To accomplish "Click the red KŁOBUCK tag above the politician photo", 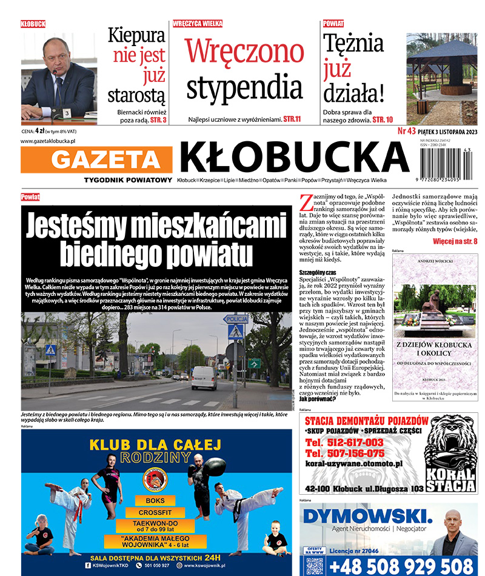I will point(33,24).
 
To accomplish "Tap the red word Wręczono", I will point(244,51).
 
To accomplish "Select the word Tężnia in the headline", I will point(353,44).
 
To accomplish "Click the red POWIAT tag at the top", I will point(333,24).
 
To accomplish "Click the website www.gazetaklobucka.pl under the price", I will point(48,141).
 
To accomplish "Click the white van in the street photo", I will point(204,377).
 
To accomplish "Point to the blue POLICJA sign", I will point(235,319).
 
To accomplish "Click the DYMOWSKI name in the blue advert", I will point(367,517).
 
